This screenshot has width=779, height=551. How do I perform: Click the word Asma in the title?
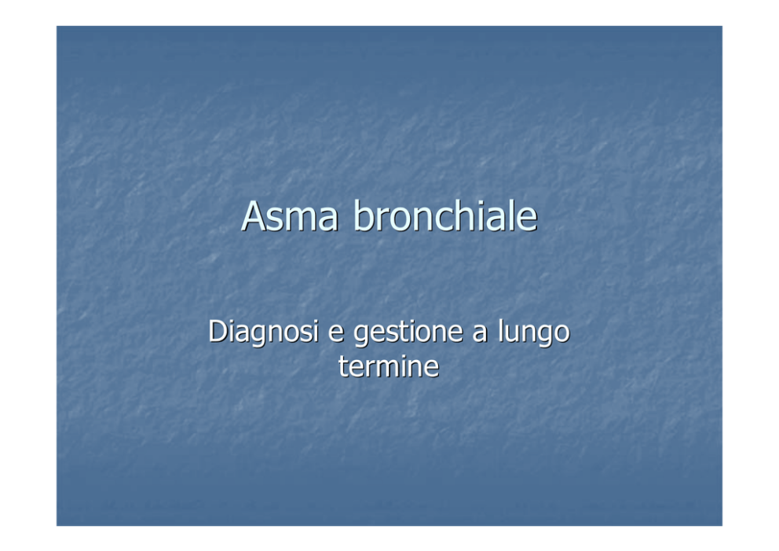290,216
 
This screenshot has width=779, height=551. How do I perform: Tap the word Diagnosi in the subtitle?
263,332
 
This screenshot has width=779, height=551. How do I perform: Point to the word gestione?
408,332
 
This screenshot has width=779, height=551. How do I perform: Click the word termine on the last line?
389,366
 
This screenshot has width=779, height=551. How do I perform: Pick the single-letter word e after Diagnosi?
336,333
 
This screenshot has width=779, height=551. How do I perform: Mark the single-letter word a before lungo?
480,333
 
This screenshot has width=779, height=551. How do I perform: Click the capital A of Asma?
254,216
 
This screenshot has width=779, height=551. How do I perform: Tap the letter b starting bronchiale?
363,215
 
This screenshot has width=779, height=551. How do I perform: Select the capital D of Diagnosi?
218,331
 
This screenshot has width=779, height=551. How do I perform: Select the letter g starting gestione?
362,336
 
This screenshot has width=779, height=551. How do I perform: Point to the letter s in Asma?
276,220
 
